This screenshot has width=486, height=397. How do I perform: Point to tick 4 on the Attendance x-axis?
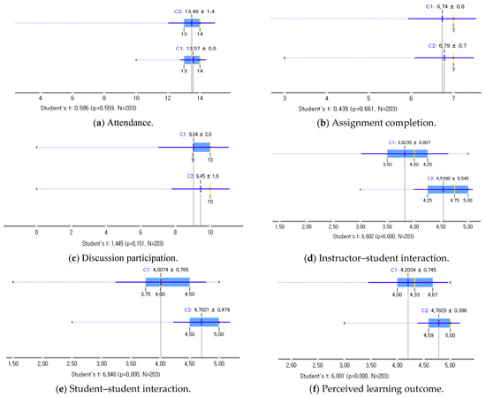click(41, 96)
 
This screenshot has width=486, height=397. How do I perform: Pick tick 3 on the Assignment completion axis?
click(285, 97)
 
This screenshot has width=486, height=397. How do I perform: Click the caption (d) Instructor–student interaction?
click(364, 257)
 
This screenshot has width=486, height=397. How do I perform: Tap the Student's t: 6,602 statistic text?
click(364, 237)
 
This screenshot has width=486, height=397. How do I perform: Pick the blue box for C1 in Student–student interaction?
click(155, 282)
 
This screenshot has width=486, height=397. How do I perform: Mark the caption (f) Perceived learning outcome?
click(364, 387)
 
